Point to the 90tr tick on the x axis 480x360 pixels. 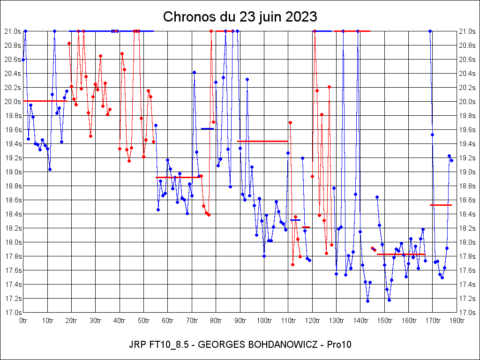coord(240,321)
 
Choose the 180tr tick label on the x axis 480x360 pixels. coord(456,321)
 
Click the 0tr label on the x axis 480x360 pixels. coord(23,321)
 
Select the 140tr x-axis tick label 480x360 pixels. coord(360,321)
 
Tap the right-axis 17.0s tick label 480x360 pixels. coord(467,313)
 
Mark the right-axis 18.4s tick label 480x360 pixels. coord(467,214)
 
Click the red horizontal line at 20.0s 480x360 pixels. coord(45,101)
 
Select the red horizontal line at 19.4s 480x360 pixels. coord(262,141)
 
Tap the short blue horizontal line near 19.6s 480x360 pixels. coord(207,128)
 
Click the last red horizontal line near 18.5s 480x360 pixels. coord(441,205)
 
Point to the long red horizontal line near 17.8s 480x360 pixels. coord(401,254)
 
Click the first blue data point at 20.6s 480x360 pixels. coord(23,60)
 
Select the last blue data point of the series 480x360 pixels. coord(451,160)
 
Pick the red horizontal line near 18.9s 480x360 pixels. coord(178,177)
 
